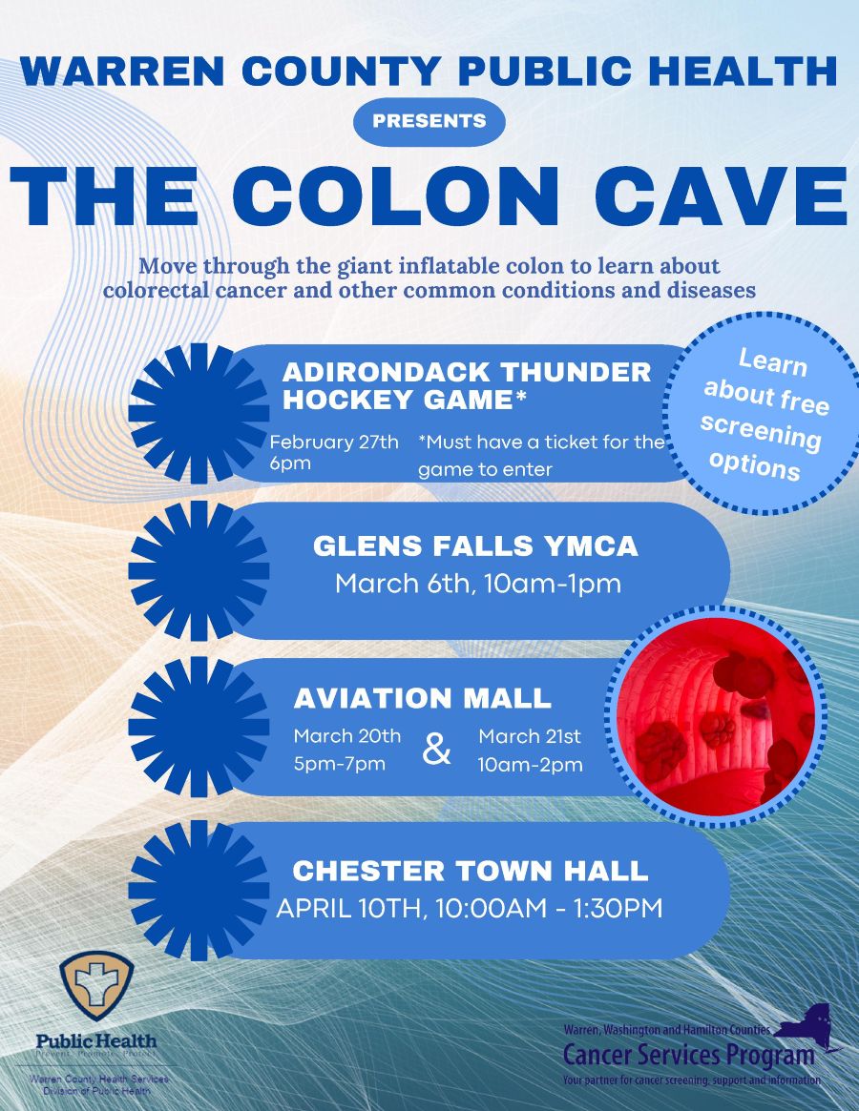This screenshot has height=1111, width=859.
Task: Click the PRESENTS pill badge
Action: (429, 121)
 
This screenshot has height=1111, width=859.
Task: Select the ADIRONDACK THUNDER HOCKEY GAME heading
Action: (467, 386)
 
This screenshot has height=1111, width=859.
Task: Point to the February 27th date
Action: (334, 442)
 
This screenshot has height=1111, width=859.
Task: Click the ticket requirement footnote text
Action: (541, 455)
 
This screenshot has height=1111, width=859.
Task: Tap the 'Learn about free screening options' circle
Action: (761, 416)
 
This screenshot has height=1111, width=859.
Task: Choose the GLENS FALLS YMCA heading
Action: (475, 546)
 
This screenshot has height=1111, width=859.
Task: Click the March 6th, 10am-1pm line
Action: (477, 584)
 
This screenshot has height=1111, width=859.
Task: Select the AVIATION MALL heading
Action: (422, 698)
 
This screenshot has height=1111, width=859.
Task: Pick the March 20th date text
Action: (346, 735)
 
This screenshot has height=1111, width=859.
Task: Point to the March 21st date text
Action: (530, 735)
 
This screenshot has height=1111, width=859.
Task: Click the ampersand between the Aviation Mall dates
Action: (437, 751)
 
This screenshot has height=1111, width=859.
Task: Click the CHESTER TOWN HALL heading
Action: (470, 871)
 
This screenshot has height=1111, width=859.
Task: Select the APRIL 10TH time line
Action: (469, 909)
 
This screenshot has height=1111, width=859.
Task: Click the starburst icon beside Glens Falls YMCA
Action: (199, 570)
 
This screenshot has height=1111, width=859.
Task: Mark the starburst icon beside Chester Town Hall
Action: (199, 890)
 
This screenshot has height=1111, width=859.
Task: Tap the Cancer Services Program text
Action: (688, 1055)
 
